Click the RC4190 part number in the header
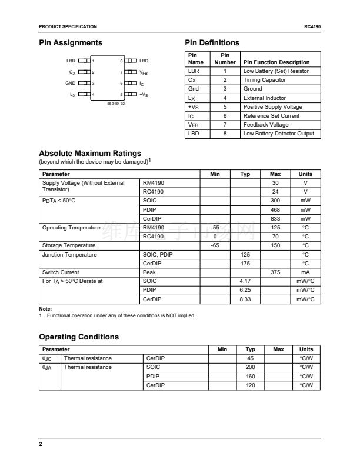click(312, 27)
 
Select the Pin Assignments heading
click(71, 43)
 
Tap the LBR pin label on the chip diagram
click(71, 61)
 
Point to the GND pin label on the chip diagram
click(70, 83)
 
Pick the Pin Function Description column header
click(276, 62)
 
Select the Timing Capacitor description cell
click(264, 80)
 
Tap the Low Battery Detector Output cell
click(278, 134)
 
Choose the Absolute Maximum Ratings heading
click(90, 154)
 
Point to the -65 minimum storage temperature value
click(215, 245)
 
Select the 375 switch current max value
click(275, 272)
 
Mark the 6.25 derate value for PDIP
click(245, 290)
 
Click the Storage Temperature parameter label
click(69, 245)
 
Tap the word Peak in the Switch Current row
click(149, 272)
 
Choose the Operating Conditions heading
click(79, 337)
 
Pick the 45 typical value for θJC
click(250, 358)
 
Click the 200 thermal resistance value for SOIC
click(250, 367)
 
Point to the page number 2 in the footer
click(41, 444)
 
